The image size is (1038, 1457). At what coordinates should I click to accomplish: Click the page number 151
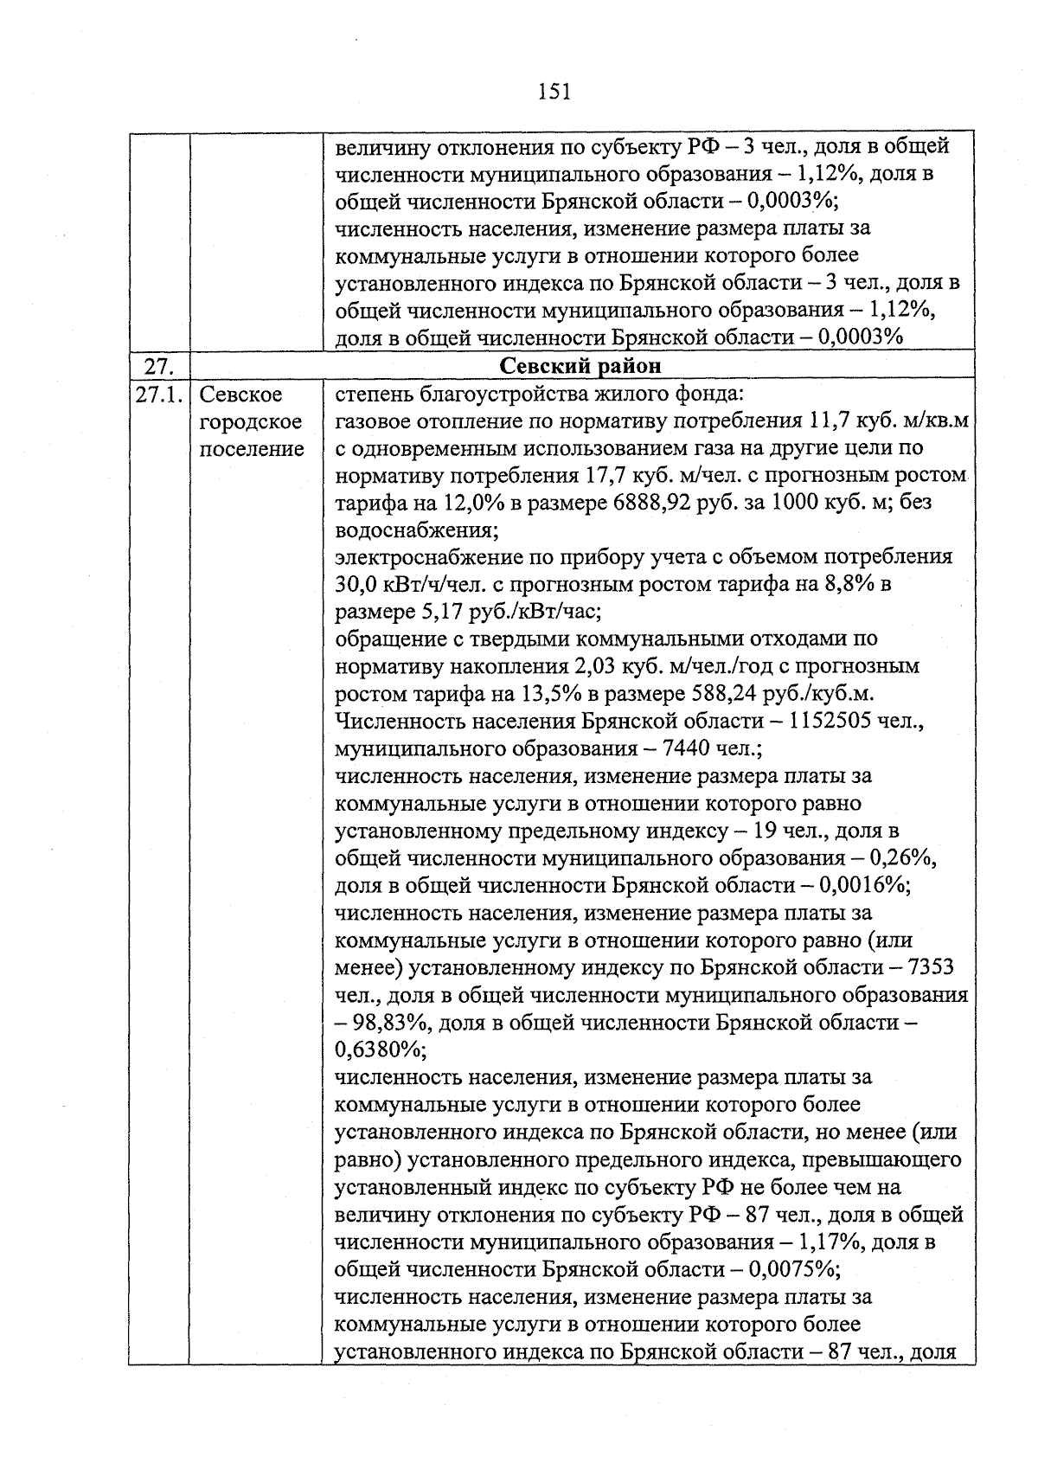pos(554,91)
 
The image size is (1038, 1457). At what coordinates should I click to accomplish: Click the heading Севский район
pos(581,366)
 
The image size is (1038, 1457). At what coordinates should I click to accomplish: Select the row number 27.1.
pos(159,395)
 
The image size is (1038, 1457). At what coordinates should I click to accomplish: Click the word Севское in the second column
pos(241,395)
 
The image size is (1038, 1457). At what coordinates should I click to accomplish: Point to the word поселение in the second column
pos(252,450)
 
